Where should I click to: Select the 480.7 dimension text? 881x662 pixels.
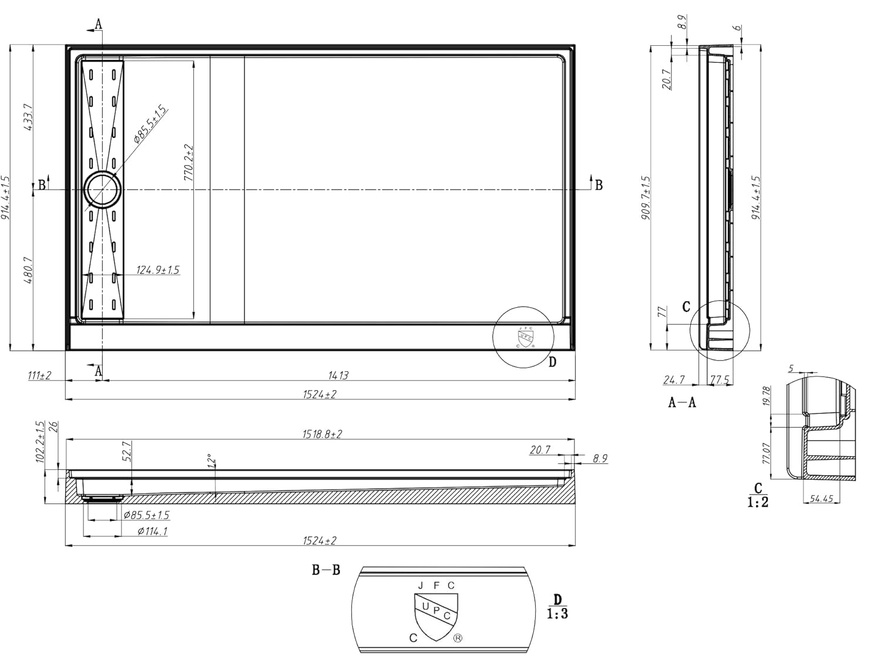pyautogui.click(x=28, y=270)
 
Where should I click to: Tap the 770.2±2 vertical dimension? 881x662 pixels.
pyautogui.click(x=189, y=162)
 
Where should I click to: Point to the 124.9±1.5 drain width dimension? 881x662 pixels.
pyautogui.click(x=157, y=270)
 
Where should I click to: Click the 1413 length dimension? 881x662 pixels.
pyautogui.click(x=339, y=375)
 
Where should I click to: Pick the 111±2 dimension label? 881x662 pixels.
pyautogui.click(x=39, y=375)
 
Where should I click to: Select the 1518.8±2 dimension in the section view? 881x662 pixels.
pyautogui.click(x=322, y=434)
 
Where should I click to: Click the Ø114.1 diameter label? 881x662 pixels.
pyautogui.click(x=152, y=531)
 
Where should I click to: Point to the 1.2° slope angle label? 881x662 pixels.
pyautogui.click(x=212, y=461)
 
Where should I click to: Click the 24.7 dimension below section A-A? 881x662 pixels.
pyautogui.click(x=674, y=379)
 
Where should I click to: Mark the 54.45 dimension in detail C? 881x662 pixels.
pyautogui.click(x=821, y=499)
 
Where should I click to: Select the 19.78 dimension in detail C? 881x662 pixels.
pyautogui.click(x=766, y=396)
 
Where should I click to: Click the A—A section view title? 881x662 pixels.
pyautogui.click(x=682, y=402)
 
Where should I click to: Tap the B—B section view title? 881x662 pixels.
pyautogui.click(x=325, y=570)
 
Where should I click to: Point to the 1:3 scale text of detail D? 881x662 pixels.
pyautogui.click(x=557, y=614)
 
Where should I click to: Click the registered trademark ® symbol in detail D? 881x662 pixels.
pyautogui.click(x=458, y=639)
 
